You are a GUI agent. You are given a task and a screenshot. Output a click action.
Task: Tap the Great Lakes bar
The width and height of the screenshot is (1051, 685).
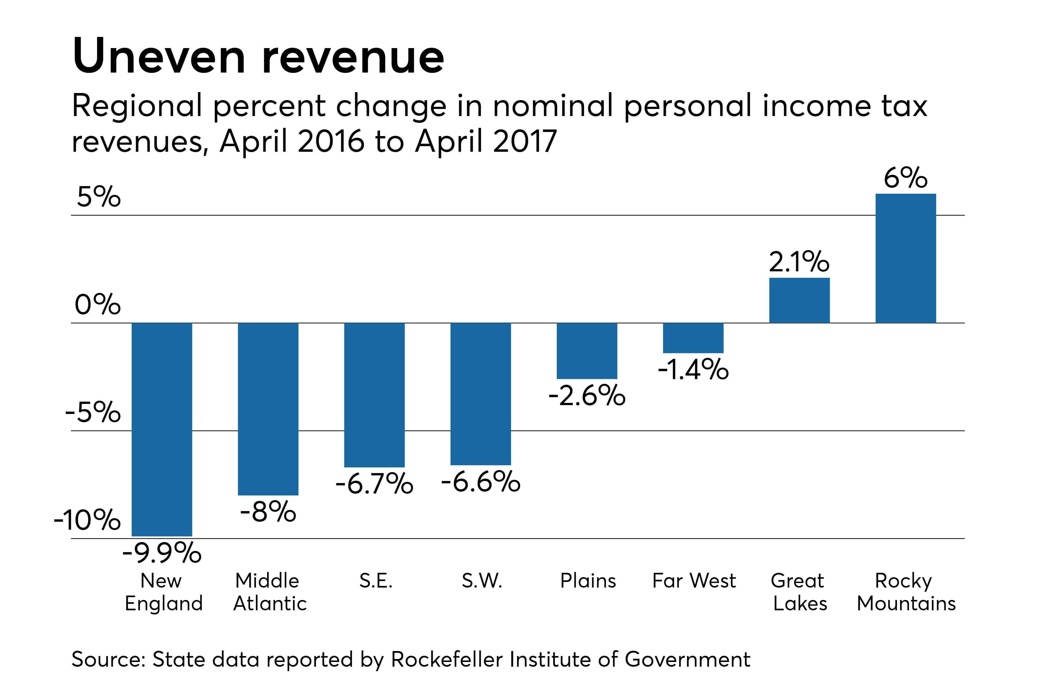point(799,300)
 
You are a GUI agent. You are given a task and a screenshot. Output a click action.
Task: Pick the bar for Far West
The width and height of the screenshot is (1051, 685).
point(693,338)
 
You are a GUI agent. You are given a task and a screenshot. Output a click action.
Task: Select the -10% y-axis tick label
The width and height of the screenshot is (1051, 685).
point(87,520)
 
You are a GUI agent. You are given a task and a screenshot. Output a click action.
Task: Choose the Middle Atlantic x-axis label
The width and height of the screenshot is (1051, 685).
point(269,592)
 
